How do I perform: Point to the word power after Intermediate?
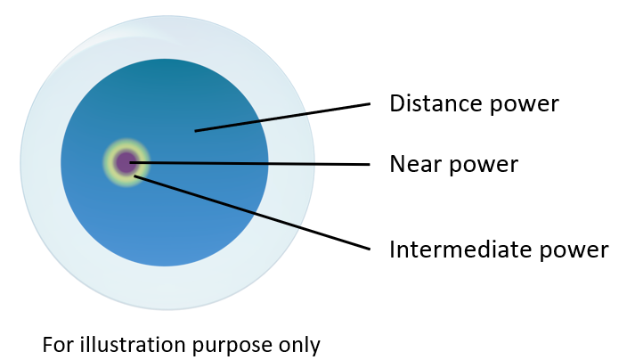577,250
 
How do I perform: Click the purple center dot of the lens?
125,161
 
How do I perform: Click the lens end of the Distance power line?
196,131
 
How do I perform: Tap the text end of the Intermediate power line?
369,248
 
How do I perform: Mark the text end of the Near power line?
368,164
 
